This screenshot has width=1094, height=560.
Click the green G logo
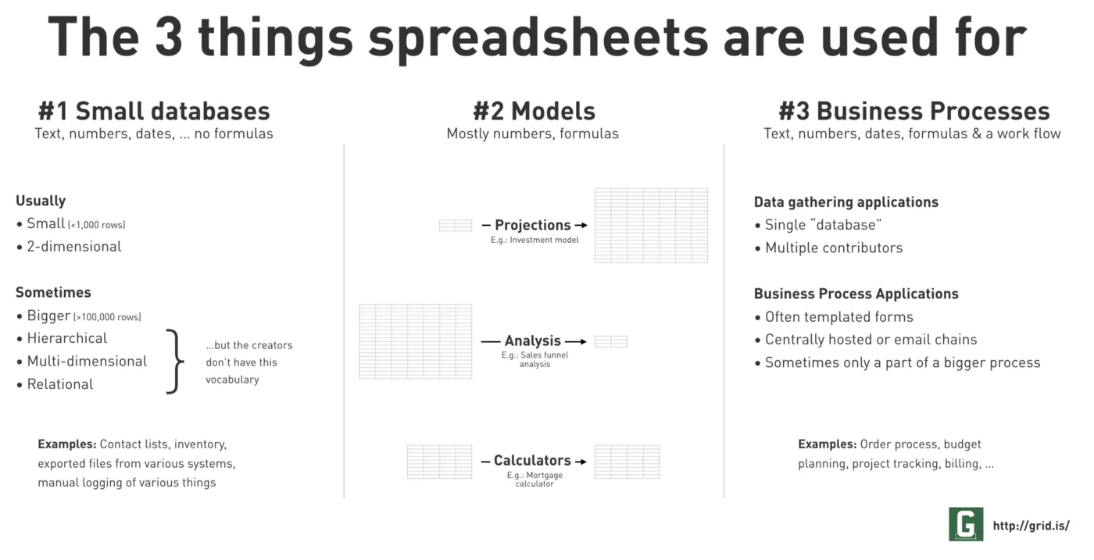(x=966, y=524)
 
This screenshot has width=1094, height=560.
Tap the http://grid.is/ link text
(x=1031, y=526)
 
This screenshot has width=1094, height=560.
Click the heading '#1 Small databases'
(x=154, y=111)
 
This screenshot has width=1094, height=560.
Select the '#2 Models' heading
(x=534, y=111)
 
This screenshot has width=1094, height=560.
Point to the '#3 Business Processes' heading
(x=913, y=111)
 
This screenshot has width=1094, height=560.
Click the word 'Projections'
(x=532, y=225)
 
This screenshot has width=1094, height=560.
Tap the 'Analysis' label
(x=532, y=341)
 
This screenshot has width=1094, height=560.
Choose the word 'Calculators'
(x=532, y=460)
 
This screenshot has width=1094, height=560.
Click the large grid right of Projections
(x=651, y=226)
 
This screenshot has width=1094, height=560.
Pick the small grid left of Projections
(x=455, y=225)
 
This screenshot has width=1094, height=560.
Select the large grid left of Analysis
(x=416, y=341)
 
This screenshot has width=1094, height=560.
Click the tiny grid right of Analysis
(x=611, y=341)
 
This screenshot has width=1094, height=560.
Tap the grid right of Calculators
(x=627, y=462)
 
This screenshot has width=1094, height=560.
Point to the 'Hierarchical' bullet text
(x=67, y=338)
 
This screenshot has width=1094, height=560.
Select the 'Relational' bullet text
(x=60, y=384)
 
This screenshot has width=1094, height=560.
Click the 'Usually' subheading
(x=41, y=201)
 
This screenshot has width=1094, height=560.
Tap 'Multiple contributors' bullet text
(x=834, y=248)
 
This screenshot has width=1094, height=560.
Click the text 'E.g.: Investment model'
(x=534, y=240)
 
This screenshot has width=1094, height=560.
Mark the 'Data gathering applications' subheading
(x=846, y=202)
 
